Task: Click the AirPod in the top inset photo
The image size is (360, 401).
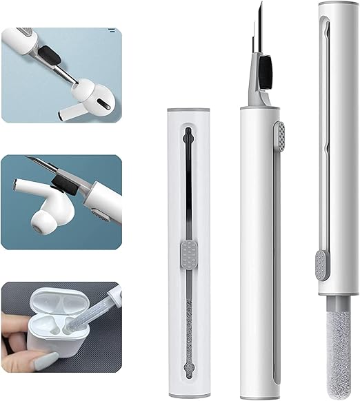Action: click(93, 92)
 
